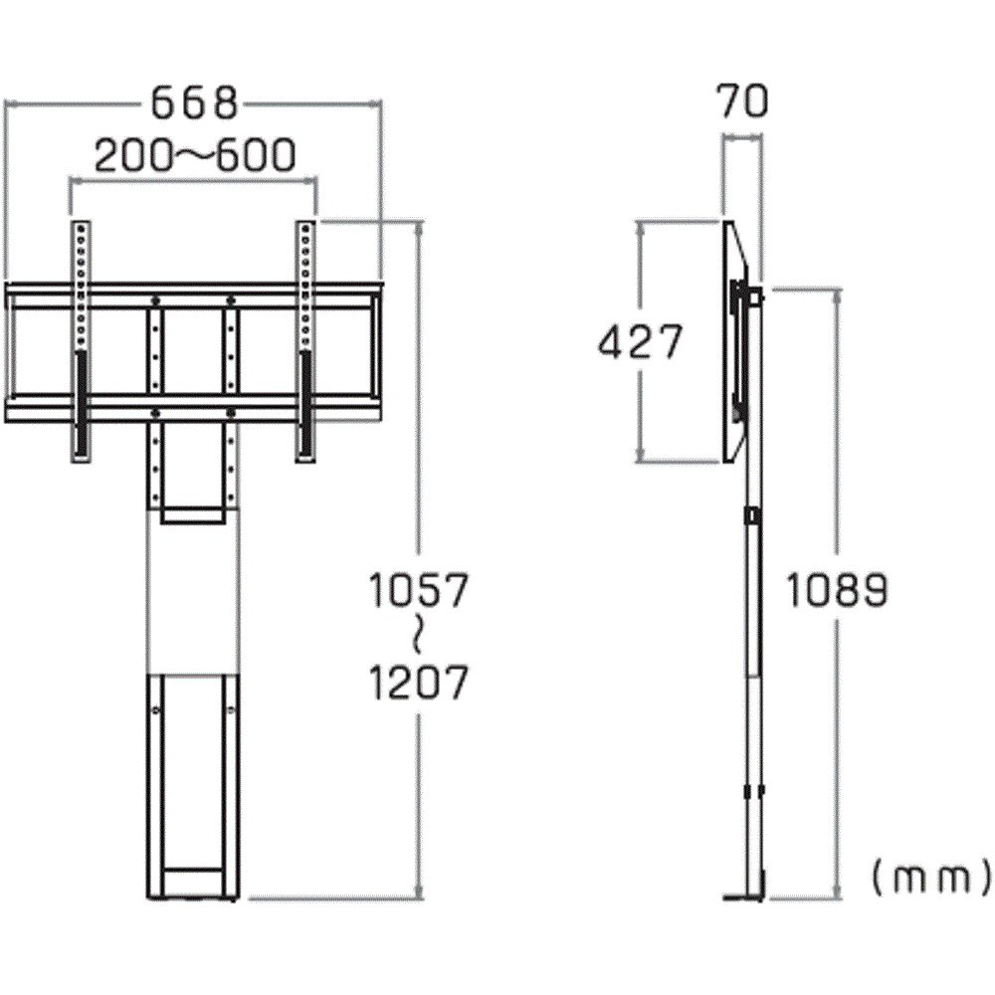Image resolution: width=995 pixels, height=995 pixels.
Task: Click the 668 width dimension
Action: coord(195,104)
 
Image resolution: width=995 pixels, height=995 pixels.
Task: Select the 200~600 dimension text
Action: coord(195,155)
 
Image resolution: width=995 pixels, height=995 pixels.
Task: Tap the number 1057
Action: coord(418,590)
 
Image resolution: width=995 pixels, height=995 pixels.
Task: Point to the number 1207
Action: coord(418,683)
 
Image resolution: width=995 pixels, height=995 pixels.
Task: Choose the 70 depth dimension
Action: coord(742,101)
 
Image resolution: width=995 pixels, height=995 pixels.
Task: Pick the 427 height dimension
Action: coord(640,341)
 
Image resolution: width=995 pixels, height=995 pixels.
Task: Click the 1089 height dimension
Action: coord(837,590)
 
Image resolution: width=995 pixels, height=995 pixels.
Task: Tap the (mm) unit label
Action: coord(930,880)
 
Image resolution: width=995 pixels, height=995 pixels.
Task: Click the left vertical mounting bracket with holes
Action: coord(81,342)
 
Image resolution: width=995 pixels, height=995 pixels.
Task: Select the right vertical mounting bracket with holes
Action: coord(305,342)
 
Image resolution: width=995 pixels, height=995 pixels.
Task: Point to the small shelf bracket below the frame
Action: coord(193,514)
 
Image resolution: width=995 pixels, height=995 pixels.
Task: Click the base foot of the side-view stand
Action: coord(743,897)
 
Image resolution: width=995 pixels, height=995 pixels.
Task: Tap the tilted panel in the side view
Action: coord(735,341)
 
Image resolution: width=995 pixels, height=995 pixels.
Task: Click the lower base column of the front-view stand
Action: coord(193,787)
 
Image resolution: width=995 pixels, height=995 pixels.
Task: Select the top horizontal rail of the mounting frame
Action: coord(193,296)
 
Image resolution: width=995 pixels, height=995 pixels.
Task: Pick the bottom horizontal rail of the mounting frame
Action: coord(193,408)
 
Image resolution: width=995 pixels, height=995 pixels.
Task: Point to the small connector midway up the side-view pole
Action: coord(753,515)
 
